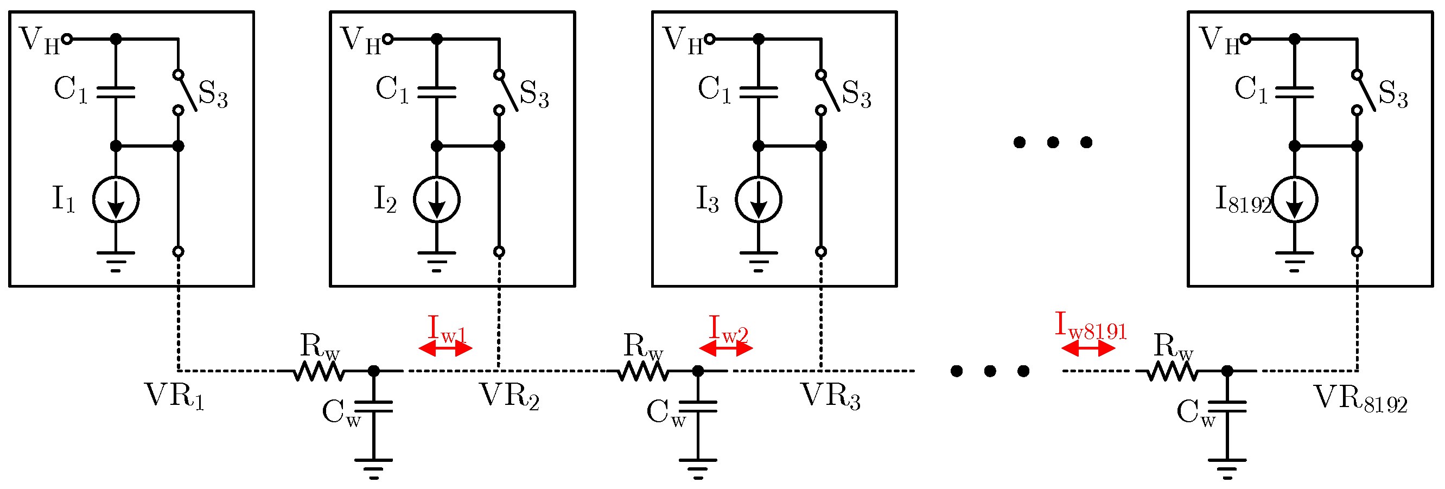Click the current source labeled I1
tap(116, 200)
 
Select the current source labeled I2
tap(436, 200)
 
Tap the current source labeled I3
tap(759, 200)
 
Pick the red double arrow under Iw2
tap(726, 349)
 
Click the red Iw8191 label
tap(1091, 326)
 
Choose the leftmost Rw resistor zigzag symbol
tap(318, 371)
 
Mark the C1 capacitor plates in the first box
tap(116, 92)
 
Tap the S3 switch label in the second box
tap(533, 94)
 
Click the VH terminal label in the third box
tap(682, 40)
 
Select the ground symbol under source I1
tap(116, 261)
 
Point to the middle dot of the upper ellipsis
tap(1053, 142)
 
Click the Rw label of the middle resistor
tap(643, 347)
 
